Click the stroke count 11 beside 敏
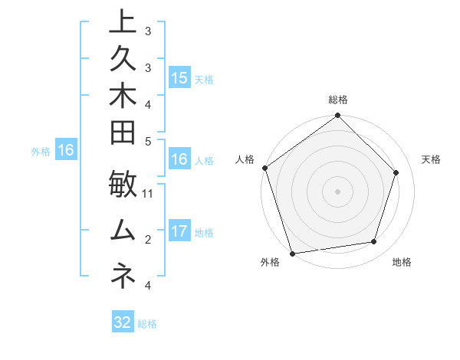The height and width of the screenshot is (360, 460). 148,193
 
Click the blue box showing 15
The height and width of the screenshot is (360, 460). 179,77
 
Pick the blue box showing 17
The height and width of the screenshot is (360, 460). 179,231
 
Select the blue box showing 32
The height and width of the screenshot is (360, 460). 123,322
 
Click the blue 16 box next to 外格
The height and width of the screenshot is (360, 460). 66,150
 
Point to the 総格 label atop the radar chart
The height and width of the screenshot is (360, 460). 338,100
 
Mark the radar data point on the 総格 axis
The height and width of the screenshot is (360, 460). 338,116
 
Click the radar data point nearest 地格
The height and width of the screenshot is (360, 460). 374,242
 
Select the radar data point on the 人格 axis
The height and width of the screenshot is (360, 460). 265,169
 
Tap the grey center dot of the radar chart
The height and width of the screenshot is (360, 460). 338,191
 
